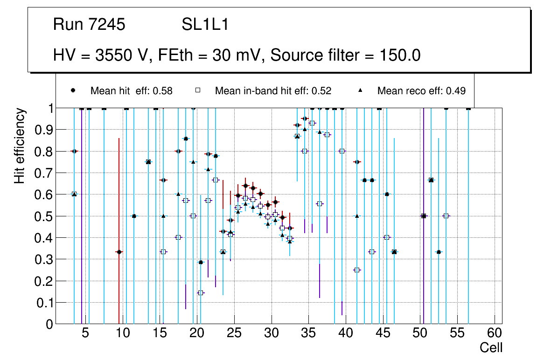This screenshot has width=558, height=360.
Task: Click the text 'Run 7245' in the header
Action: point(89,25)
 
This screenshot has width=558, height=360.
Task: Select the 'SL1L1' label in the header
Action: point(205,25)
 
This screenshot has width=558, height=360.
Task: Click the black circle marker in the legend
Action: point(73,90)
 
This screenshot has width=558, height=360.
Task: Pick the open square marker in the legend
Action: point(197,90)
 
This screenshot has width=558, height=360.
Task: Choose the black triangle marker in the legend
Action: point(360,90)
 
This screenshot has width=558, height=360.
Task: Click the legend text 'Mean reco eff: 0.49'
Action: point(421,91)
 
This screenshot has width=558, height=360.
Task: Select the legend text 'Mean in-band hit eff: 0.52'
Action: point(273,91)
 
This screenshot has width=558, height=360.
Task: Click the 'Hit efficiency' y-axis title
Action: point(20,146)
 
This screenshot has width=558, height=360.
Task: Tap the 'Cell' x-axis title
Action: point(491,347)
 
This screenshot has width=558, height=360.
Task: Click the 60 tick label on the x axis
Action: point(495,333)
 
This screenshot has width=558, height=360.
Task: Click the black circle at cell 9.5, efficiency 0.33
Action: point(119,252)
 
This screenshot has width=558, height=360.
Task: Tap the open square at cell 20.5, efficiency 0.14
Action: point(201,293)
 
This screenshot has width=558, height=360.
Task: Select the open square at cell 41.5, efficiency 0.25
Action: point(357,270)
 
